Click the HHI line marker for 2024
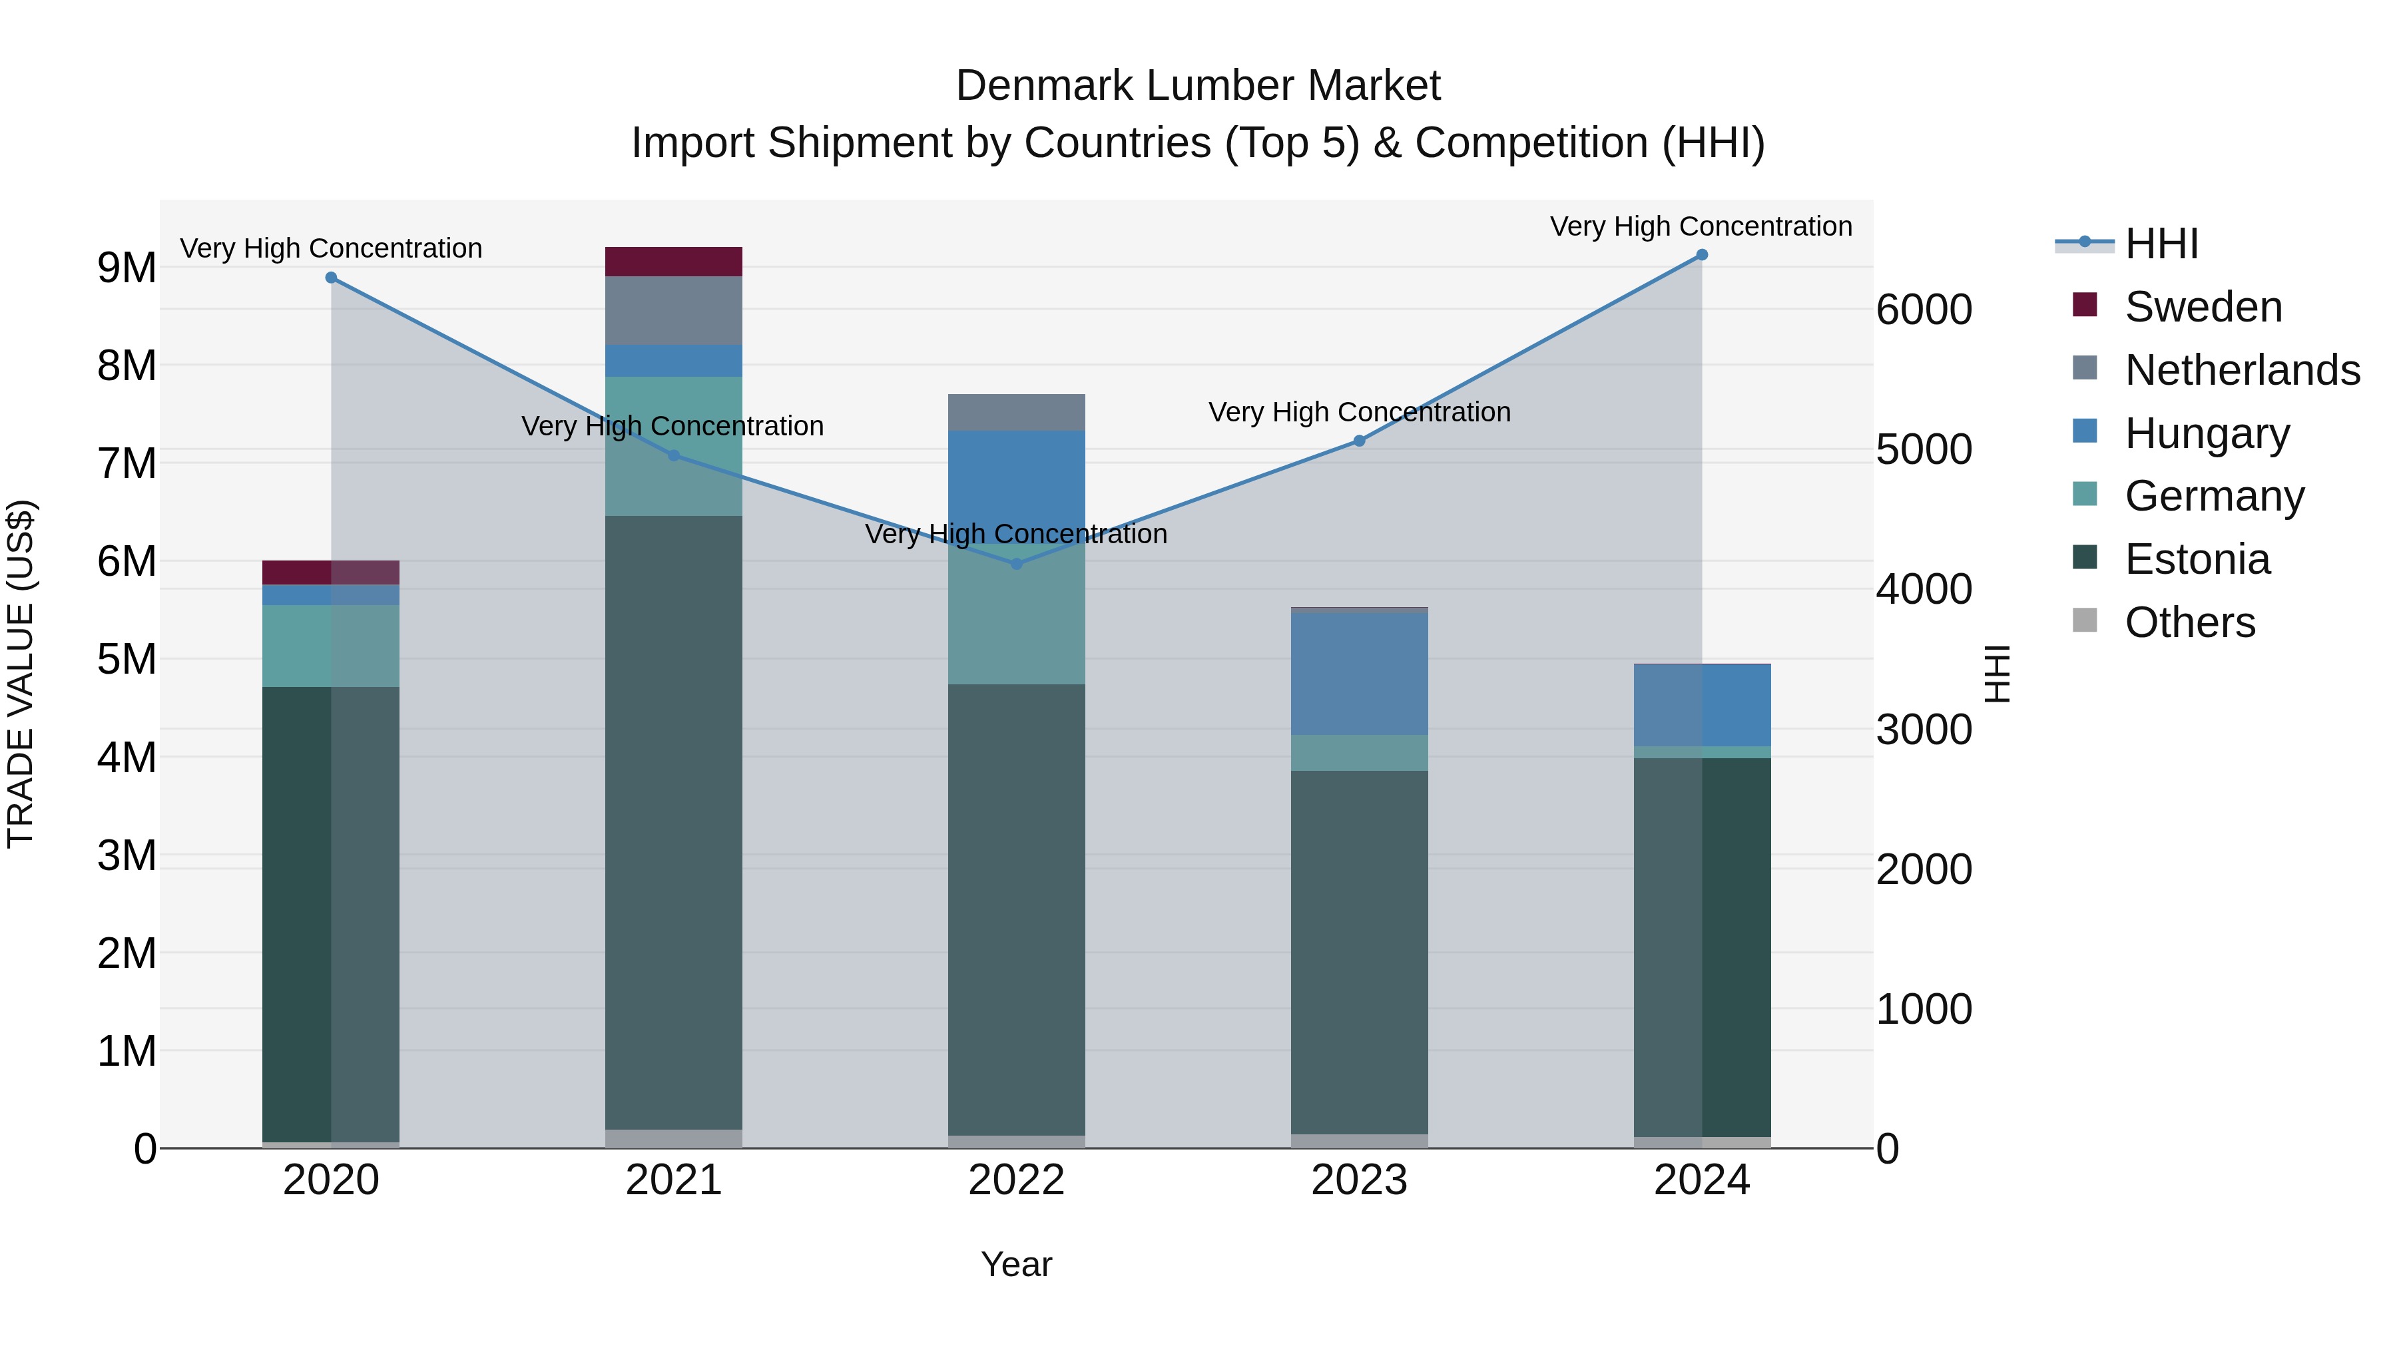click(1702, 255)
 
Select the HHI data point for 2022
click(1016, 564)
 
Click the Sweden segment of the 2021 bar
click(674, 262)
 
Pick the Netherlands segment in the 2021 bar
click(674, 311)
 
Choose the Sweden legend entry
click(2203, 307)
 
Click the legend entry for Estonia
click(2197, 559)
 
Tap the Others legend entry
click(2189, 622)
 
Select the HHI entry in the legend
click(2161, 244)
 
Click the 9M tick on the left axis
click(127, 268)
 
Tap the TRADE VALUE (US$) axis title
click(21, 674)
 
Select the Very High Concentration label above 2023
click(1360, 412)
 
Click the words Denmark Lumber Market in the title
click(1198, 86)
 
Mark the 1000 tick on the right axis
click(1924, 1009)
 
